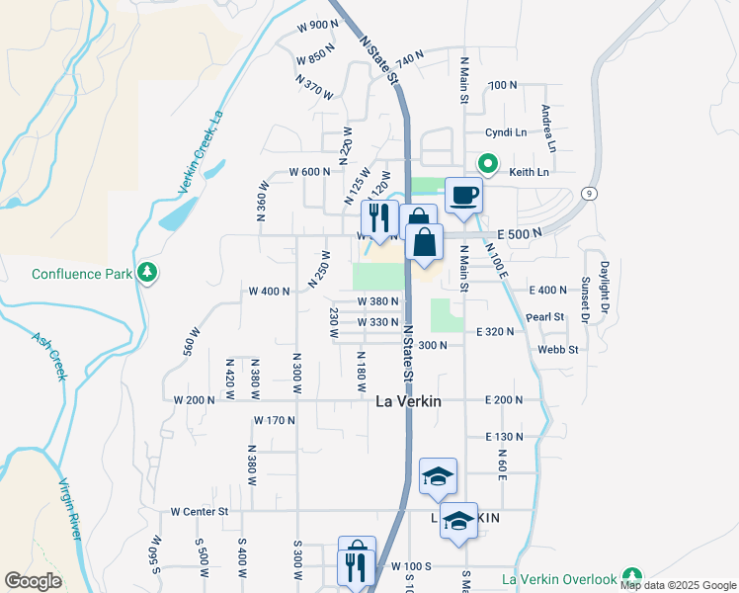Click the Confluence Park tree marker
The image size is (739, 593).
pos(147,272)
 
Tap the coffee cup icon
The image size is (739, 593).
pos(462,196)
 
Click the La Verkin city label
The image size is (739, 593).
pos(408,402)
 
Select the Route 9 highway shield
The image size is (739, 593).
pos(588,192)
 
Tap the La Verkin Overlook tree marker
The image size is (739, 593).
pos(632,577)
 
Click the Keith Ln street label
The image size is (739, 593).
pos(529,172)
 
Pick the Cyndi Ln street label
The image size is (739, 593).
pos(505,132)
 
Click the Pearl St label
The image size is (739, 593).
pos(544,317)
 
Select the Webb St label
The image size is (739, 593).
pos(557,349)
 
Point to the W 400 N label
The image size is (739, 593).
pos(269,292)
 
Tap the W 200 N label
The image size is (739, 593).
pos(194,400)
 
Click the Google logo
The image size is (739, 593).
pos(33,581)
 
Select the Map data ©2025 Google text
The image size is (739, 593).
pos(678,585)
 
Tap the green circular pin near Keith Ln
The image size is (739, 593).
pos(487,163)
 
